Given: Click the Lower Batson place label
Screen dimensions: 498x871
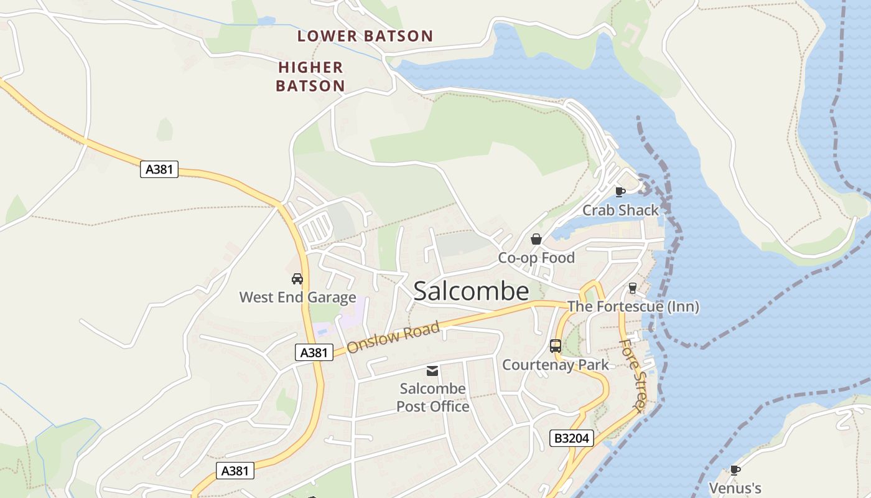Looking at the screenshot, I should coord(365,36).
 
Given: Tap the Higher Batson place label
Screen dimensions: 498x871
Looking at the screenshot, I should coord(310,77).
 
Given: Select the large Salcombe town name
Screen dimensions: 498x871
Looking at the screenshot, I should coord(471,291).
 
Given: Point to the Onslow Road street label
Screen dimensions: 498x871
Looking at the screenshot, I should coord(393,337).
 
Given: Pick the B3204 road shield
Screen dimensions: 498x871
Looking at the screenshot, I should coord(572,438).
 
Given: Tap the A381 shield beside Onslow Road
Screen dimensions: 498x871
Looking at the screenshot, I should coord(314,353).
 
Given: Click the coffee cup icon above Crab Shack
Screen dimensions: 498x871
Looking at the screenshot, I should coord(620,192).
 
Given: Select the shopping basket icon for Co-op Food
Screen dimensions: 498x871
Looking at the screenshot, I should coord(536,239).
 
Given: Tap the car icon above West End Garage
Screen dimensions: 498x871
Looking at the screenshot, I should coord(297,279).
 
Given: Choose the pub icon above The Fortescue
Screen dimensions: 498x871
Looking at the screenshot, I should coord(633,288).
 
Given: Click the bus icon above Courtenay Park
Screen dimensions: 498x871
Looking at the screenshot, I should coord(556,346).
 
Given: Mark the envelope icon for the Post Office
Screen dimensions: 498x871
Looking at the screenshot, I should coord(432,371).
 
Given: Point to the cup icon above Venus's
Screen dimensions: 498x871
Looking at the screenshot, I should coord(735,470).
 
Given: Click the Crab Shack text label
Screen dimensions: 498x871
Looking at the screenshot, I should coord(620,210).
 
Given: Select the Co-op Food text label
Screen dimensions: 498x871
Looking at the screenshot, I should coord(536,258).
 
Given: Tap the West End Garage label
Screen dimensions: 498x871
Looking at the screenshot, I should coord(297,298).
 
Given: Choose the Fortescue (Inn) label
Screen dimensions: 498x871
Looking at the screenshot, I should coord(633,306).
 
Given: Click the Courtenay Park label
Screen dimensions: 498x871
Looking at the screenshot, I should coord(556,365).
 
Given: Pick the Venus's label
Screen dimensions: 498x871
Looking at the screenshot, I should coord(735,489).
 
